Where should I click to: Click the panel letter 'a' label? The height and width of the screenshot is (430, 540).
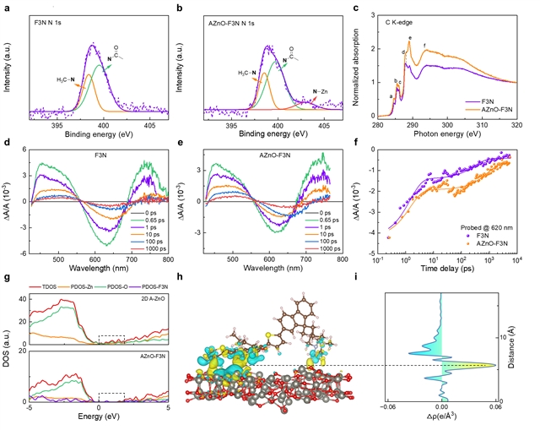[8, 8]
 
